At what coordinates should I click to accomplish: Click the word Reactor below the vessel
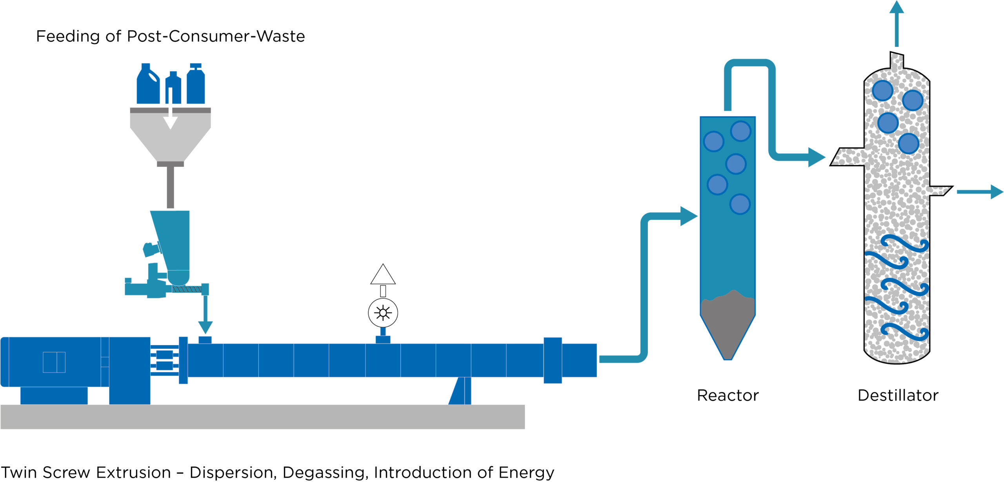coord(728,395)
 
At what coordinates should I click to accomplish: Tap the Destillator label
coord(898,395)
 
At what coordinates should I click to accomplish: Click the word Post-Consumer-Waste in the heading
coord(216,36)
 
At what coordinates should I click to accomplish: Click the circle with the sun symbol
coord(383,313)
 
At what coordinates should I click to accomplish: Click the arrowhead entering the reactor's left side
coord(688,216)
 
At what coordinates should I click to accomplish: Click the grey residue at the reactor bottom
coord(728,325)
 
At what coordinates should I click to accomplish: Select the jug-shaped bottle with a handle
coord(147,85)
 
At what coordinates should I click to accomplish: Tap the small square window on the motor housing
coord(54,362)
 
